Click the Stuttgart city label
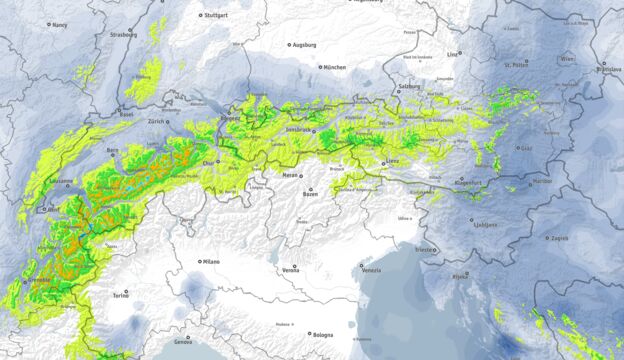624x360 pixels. [x=217, y=16]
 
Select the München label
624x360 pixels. [x=335, y=67]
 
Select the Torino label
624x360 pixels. [x=120, y=296]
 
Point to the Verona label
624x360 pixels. [x=290, y=270]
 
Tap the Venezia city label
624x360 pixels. [x=371, y=270]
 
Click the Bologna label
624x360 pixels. [x=322, y=335]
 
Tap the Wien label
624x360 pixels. [x=568, y=59]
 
